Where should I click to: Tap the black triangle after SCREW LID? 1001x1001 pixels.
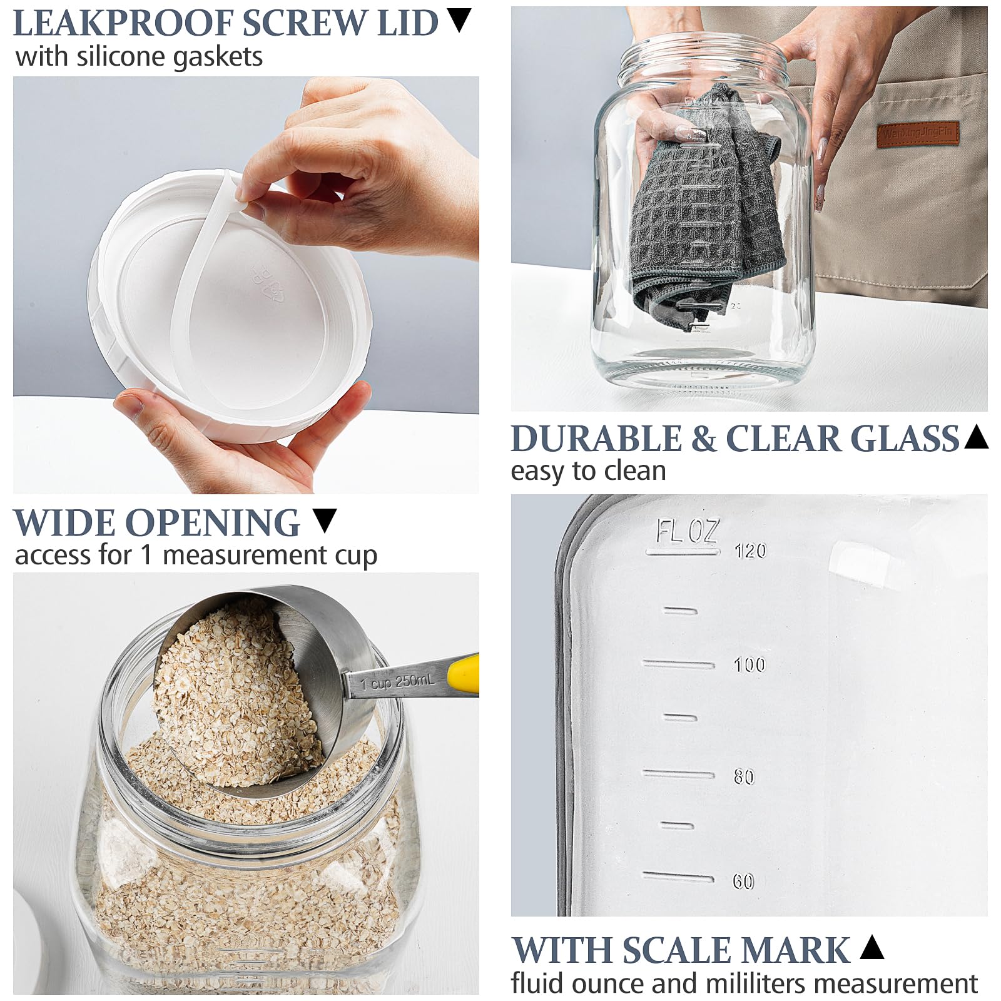click(460, 21)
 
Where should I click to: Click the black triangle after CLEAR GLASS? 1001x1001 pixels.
click(976, 436)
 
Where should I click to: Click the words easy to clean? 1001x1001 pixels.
click(588, 471)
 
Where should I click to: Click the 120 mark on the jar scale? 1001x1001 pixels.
click(749, 551)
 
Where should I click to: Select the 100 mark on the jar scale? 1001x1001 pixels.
click(749, 664)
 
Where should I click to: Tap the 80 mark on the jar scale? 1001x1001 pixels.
click(744, 777)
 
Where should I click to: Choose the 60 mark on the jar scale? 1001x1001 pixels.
click(743, 882)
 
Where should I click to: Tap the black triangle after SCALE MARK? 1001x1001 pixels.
click(871, 947)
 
